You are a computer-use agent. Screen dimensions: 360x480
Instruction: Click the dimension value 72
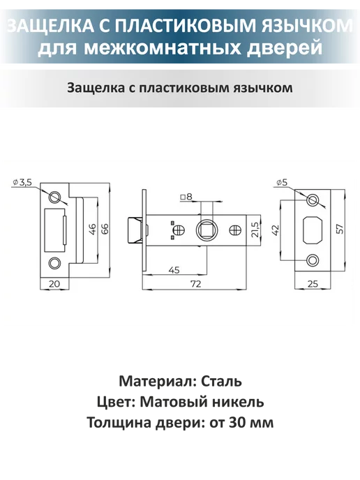tap(196, 284)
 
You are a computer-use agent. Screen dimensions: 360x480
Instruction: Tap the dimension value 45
tap(174, 270)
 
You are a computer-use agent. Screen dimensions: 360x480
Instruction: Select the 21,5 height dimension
tap(255, 230)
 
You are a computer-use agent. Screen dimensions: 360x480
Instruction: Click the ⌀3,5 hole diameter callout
tap(22, 183)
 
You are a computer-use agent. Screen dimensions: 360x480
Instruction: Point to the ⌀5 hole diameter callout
tap(282, 183)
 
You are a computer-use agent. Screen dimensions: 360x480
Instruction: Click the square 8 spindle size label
tap(186, 197)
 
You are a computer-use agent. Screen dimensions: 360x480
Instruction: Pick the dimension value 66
tap(105, 229)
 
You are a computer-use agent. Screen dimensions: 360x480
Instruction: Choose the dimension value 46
tap(93, 230)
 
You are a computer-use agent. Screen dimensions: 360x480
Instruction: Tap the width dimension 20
tap(54, 284)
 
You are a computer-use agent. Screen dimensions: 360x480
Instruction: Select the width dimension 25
tap(313, 284)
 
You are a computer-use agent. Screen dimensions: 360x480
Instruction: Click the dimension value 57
tap(340, 230)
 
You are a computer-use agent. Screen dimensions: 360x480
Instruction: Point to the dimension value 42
tap(276, 230)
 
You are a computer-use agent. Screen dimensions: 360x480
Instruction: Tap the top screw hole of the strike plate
tap(55, 197)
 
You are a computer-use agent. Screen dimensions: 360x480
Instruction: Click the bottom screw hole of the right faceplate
tap(313, 261)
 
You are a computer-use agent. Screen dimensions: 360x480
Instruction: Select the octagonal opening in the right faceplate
tap(313, 230)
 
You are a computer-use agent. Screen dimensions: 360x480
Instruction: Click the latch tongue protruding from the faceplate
tap(135, 230)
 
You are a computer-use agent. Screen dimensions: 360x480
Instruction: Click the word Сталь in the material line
tap(222, 382)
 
